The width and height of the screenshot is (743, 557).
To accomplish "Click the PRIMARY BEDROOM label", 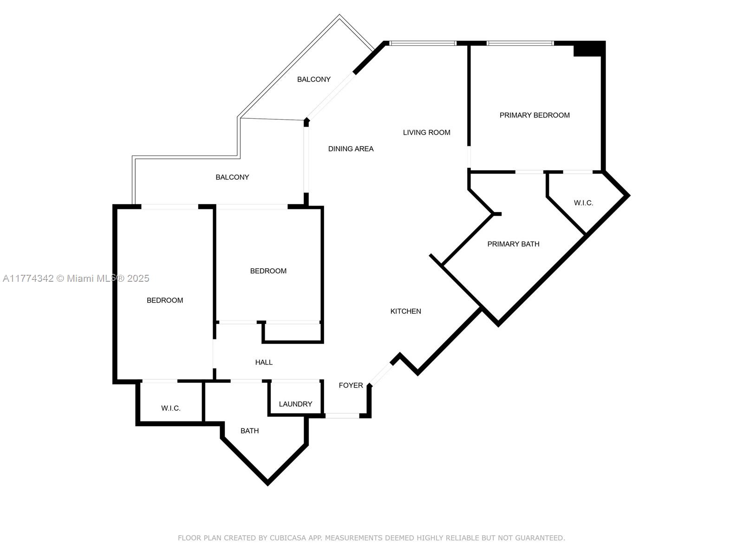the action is tap(534, 115).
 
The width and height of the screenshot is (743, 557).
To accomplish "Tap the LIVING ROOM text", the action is tap(426, 133).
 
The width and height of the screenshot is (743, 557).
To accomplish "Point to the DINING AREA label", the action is tap(351, 149).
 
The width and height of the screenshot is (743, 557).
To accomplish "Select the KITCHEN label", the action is tap(405, 311).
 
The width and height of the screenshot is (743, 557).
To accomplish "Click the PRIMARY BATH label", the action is tap(513, 244).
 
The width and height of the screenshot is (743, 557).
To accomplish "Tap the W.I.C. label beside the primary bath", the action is tap(583, 203).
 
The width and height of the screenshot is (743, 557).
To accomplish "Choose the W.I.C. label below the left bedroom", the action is tap(170, 408).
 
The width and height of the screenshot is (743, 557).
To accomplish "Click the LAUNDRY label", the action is tap(295, 404).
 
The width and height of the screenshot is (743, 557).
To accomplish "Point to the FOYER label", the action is tap(351, 385).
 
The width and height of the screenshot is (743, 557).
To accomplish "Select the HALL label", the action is tap(264, 363).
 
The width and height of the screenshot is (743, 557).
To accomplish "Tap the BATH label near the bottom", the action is tap(249, 431).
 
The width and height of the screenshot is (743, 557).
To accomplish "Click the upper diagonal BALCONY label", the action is tap(314, 79).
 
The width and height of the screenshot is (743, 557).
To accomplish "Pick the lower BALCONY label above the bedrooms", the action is tap(232, 177).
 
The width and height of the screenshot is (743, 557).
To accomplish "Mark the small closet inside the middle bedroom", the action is tap(293, 332).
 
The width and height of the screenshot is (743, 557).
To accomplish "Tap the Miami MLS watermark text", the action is tap(76, 278).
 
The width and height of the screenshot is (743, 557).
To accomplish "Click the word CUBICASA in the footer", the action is tap(288, 538).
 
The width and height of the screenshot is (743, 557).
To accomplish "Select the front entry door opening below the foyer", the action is tap(342, 415).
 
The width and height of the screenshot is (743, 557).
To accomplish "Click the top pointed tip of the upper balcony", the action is tap(339, 14).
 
